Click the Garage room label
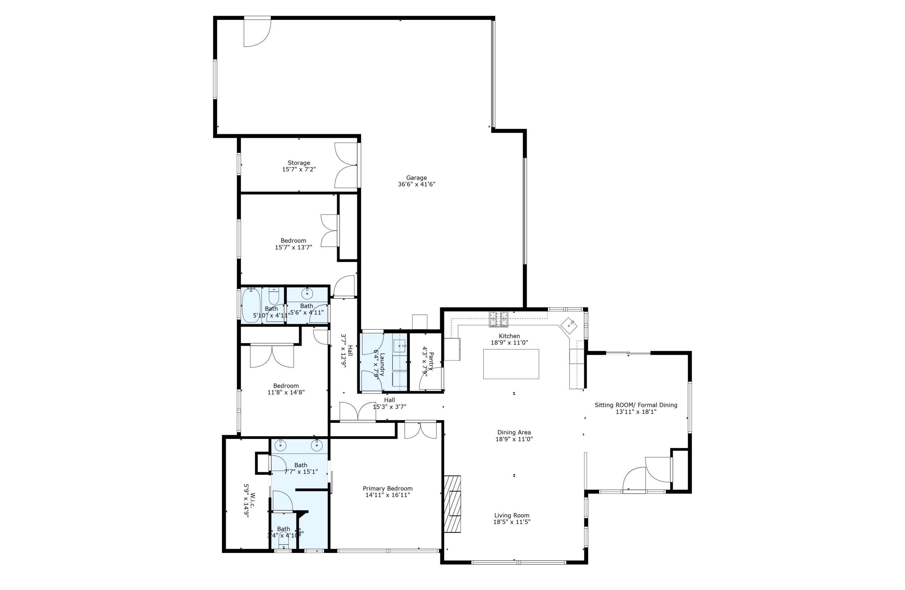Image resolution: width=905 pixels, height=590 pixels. pos(416,178)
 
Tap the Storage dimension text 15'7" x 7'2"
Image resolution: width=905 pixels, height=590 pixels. pos(299,170)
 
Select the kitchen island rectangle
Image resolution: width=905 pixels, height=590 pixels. pos(511,364)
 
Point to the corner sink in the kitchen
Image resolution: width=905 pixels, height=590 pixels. pos(569,325)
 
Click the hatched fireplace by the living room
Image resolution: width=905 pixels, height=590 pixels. pos(453,503)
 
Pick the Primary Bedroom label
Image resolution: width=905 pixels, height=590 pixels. pos(387,488)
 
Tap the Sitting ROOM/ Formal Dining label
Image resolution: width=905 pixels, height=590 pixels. pos(636,405)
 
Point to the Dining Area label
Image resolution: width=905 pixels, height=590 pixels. pos(514,432)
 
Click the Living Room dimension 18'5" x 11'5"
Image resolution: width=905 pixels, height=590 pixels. pos(512,522)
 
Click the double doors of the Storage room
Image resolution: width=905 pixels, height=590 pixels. pos(346,165)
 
